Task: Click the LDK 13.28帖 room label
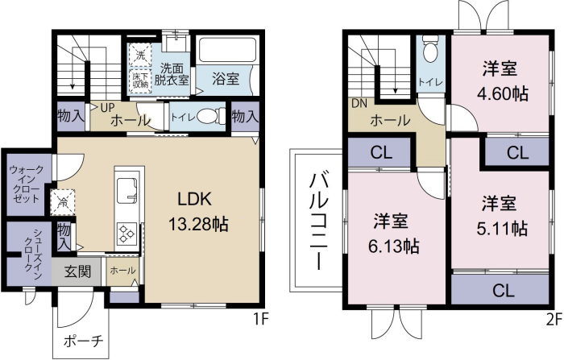pos(198,212)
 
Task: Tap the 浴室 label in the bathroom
pos(226,79)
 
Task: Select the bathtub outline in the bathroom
pos(227,51)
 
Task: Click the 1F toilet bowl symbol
pos(207,117)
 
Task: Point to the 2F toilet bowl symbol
pos(430,51)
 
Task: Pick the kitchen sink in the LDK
pos(126,188)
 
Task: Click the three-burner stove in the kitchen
pos(127,234)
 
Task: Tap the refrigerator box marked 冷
pos(62,202)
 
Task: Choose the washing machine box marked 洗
pos(140,55)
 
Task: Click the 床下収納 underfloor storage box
pos(140,81)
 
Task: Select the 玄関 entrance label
pos(77,271)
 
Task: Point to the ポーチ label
pos(84,341)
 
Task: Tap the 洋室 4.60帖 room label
pos(502,81)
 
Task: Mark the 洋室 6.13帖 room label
pos(393,234)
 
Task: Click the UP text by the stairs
pos(107,108)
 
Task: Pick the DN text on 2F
pos(359,104)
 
